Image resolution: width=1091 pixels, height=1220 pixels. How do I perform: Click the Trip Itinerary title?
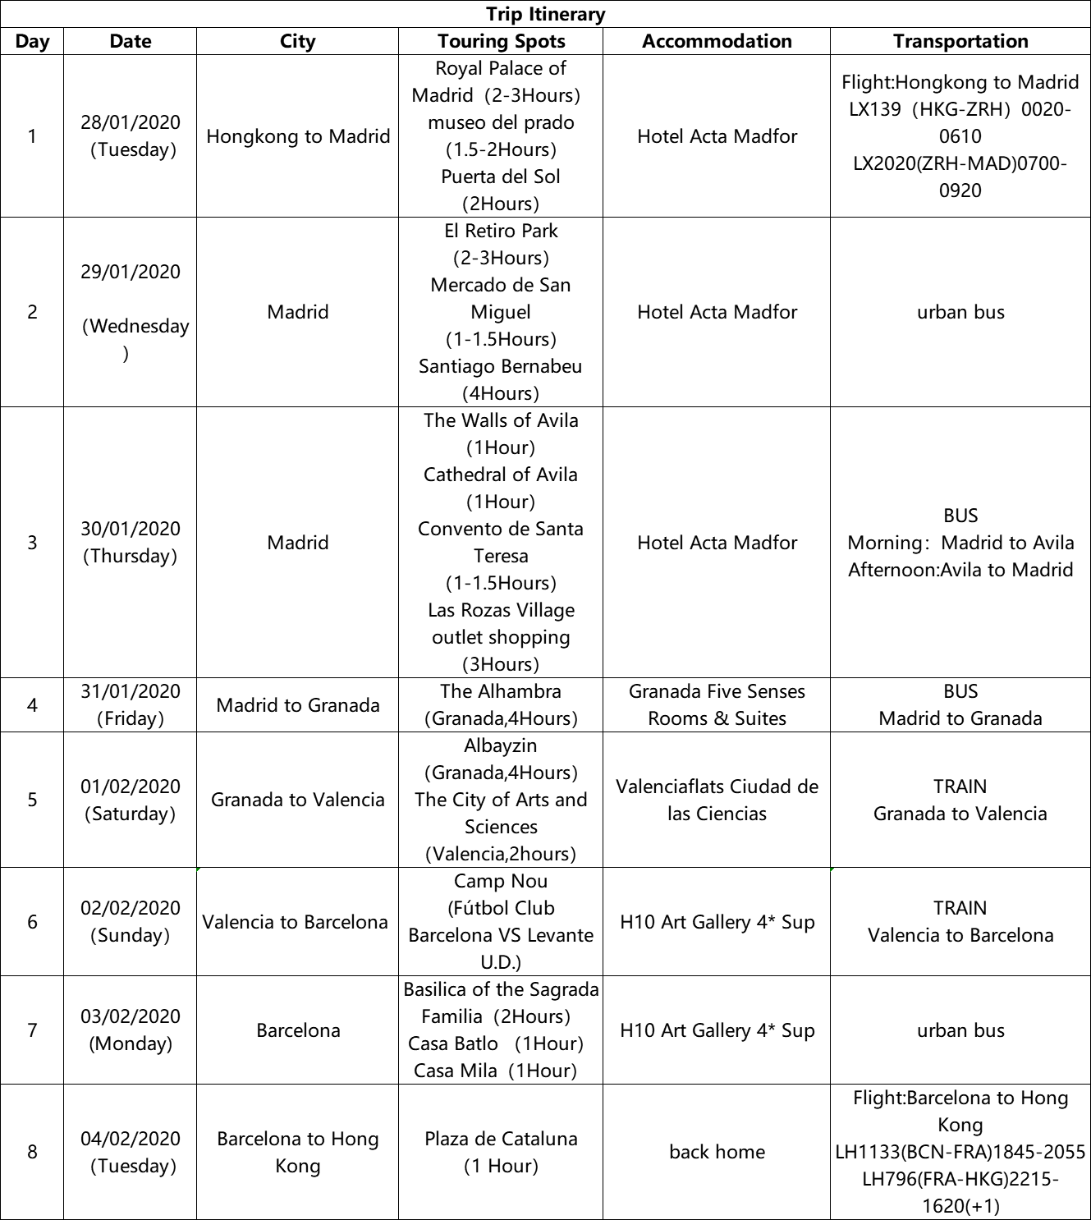[x=545, y=14]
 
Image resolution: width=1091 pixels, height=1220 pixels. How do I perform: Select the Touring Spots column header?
[x=501, y=41]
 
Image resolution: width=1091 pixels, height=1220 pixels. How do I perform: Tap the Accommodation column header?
[x=717, y=41]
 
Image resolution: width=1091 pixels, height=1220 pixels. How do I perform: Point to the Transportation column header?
[x=960, y=41]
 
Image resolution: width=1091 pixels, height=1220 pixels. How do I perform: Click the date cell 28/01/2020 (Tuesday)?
[x=131, y=135]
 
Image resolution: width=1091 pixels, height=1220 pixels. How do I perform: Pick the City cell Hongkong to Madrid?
[x=298, y=136]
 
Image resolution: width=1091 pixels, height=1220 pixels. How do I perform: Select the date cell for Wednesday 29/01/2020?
[x=131, y=312]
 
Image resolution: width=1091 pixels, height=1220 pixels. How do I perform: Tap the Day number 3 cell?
[x=32, y=543]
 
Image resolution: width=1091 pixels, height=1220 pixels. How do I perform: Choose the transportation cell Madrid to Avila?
[x=960, y=543]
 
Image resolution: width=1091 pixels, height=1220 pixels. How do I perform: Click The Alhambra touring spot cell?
[x=501, y=704]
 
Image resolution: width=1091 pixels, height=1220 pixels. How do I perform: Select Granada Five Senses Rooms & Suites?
[x=717, y=704]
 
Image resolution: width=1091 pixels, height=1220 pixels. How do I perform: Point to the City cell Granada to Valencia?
[x=298, y=800]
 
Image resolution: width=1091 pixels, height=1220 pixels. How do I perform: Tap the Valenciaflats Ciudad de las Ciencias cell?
[x=717, y=800]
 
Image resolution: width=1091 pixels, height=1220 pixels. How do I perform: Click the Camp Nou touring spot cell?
[x=501, y=921]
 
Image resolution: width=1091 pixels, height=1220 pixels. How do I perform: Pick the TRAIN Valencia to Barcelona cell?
[x=960, y=921]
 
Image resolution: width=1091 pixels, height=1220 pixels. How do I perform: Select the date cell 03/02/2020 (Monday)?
[x=131, y=1030]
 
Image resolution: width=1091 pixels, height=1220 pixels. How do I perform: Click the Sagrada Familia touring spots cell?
[x=501, y=1030]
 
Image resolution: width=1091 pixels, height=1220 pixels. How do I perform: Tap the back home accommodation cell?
[x=717, y=1152]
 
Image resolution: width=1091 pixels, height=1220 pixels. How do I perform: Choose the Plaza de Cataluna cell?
[x=501, y=1152]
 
